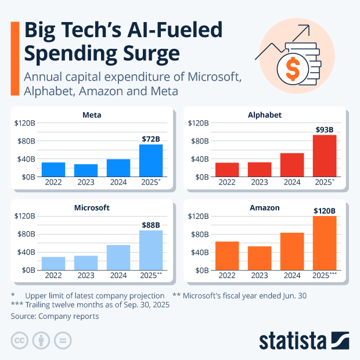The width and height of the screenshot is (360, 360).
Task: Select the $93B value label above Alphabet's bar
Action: click(325, 129)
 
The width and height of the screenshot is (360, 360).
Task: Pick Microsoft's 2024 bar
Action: click(118, 257)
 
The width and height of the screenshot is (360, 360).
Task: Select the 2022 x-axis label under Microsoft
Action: click(53, 275)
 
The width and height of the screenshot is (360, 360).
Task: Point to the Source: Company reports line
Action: click(55, 316)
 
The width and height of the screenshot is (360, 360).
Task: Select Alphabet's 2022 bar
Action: click(227, 169)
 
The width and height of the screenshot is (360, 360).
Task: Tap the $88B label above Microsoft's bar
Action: click(151, 225)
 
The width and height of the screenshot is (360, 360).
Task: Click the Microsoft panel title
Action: click(93, 207)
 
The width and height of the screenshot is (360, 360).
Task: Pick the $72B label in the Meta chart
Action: click(151, 139)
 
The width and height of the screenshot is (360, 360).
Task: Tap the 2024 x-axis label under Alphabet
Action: click(292, 182)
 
